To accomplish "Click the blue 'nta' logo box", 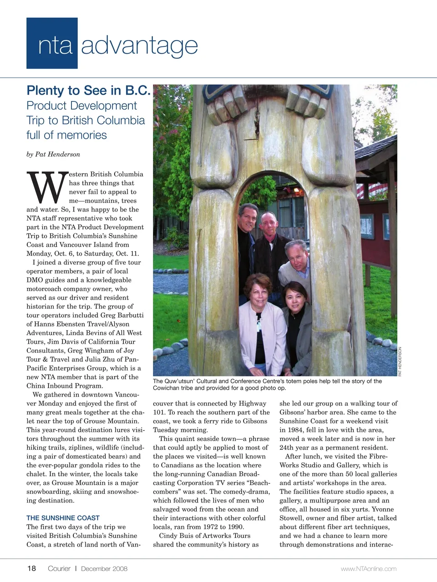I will tap(52, 44).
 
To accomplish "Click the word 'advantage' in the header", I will tap(139, 45).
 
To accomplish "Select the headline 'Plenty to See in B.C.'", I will tap(88, 90).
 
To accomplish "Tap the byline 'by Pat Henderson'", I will tap(53, 154).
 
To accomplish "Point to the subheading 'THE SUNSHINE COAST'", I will tap(63, 518).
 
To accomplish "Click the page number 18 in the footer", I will tap(31, 568).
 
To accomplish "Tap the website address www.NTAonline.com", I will tap(369, 569).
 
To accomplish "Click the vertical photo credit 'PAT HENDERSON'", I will tap(400, 361).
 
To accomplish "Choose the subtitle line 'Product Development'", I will tap(81, 105).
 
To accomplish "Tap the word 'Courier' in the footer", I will tap(59, 568).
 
